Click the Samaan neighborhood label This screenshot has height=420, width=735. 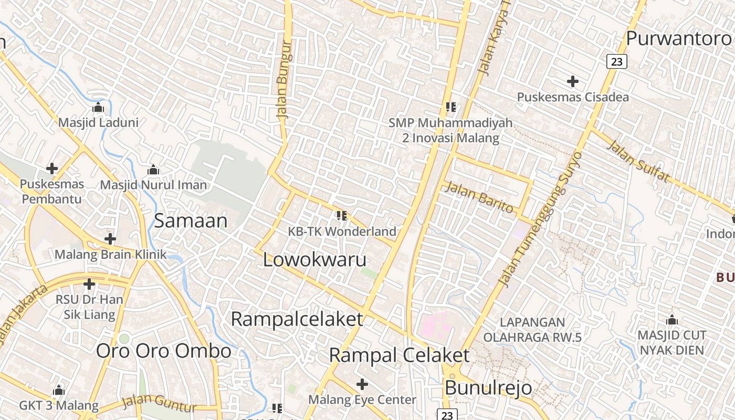191,221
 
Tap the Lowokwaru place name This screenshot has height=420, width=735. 314,259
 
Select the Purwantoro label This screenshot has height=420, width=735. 678,38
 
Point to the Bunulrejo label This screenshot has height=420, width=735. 488,388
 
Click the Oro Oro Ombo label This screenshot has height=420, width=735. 163,351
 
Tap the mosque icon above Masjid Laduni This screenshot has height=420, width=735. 98,108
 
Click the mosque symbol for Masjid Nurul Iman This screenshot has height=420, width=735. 153,170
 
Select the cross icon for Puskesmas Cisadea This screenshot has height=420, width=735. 573,81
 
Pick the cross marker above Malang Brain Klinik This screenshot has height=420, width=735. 110,239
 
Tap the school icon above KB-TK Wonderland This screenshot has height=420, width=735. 342,215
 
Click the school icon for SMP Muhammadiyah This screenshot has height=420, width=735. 450,107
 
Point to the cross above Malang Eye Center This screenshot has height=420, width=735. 362,384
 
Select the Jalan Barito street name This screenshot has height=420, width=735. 479,197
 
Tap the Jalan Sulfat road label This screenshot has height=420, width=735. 638,161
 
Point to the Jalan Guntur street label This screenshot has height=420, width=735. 159,404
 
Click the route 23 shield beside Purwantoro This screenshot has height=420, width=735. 617,62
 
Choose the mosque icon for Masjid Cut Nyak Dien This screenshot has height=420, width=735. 672,320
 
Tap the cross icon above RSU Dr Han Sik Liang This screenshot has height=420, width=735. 89,285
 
